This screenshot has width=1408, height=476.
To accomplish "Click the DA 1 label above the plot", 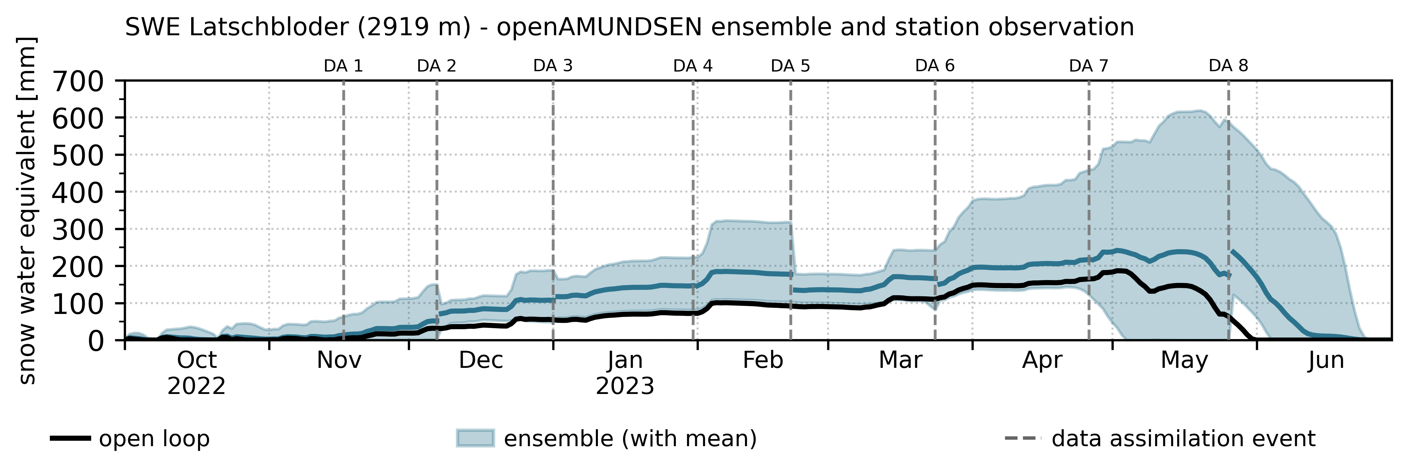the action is [343, 66].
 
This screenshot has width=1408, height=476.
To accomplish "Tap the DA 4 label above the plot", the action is [693, 66].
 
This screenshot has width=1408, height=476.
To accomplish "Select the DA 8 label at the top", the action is [1229, 66].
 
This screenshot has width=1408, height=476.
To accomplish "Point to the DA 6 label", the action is [935, 66].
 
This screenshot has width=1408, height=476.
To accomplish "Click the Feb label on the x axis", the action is [763, 360].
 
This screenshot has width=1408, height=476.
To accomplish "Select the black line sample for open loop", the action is [70, 439].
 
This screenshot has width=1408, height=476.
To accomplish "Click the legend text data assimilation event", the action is [1183, 439].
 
